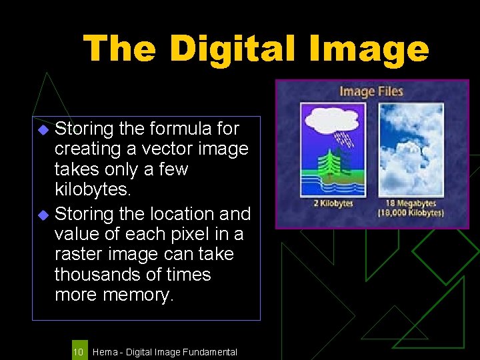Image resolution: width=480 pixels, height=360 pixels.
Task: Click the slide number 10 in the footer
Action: [x=78, y=351]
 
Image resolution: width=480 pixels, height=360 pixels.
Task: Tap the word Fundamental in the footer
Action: [x=209, y=352]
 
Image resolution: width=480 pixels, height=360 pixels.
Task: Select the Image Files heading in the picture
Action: [x=371, y=91]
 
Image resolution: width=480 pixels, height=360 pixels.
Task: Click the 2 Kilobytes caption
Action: [x=333, y=204]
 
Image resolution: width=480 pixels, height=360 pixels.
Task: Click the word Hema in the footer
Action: [x=103, y=352]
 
